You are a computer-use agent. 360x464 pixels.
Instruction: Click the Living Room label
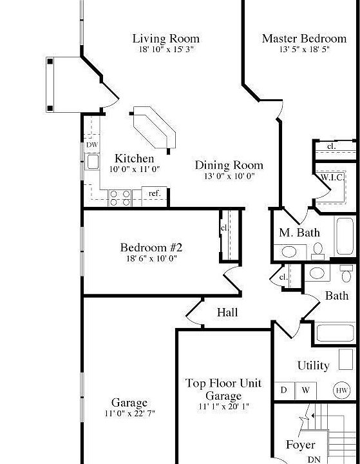(166, 39)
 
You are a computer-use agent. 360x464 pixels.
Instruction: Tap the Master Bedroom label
(304, 39)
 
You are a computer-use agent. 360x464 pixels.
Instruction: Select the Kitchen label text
(134, 159)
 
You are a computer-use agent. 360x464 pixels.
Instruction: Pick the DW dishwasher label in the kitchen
(92, 145)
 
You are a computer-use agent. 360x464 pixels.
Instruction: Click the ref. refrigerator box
(155, 193)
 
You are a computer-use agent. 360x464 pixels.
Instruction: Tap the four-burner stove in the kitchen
(120, 197)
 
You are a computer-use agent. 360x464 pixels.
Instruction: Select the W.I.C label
(332, 177)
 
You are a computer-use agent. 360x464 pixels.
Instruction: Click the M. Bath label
(299, 233)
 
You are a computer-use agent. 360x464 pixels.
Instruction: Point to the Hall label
(227, 313)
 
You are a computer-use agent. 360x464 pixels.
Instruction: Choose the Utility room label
(313, 365)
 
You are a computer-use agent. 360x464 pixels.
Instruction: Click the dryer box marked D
(283, 391)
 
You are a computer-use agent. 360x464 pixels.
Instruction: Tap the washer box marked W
(305, 391)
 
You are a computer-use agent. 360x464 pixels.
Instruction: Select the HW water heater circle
(341, 391)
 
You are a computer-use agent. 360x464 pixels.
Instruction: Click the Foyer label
(300, 445)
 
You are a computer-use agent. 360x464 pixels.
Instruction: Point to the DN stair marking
(314, 459)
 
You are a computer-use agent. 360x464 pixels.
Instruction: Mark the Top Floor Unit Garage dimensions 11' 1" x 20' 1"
(223, 407)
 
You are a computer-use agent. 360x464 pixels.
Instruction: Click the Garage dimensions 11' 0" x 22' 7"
(130, 413)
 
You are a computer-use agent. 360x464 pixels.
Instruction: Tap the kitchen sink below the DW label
(92, 161)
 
